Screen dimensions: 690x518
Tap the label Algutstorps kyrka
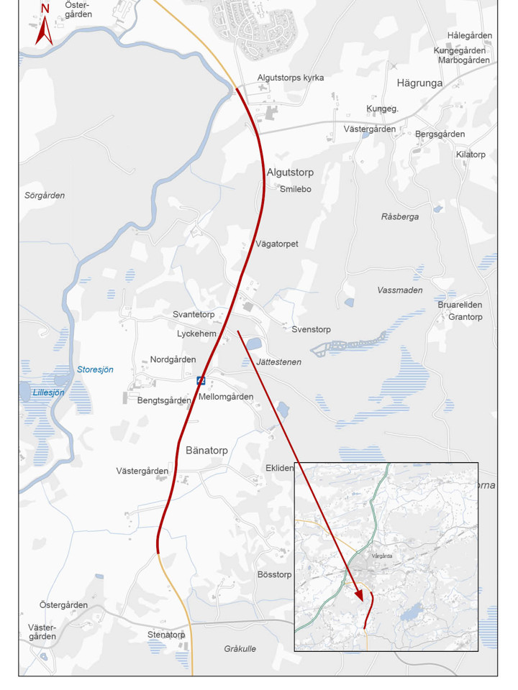290,78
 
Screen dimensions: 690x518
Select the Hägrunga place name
419,83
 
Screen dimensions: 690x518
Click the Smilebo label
295,189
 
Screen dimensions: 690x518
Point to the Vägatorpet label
276,244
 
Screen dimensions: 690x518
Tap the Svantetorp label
194,315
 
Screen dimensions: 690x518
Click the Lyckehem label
196,334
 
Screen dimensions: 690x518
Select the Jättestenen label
278,362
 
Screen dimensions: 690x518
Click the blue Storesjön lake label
95,369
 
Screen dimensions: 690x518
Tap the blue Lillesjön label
48,392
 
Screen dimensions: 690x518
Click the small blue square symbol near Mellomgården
201,380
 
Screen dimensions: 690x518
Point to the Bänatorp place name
206,451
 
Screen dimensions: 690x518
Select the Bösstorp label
274,574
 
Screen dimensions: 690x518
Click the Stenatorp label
166,635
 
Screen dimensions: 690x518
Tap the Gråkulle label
240,649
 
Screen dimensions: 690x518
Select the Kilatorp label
471,155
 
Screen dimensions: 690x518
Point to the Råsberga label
399,217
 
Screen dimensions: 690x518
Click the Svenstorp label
311,329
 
